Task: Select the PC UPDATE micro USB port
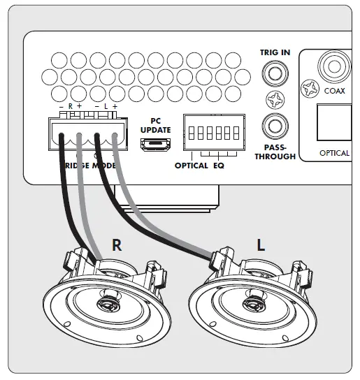[154, 145]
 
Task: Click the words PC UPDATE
[154, 124]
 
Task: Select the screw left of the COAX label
[309, 89]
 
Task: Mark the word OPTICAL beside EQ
[192, 166]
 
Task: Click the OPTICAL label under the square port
[334, 152]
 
